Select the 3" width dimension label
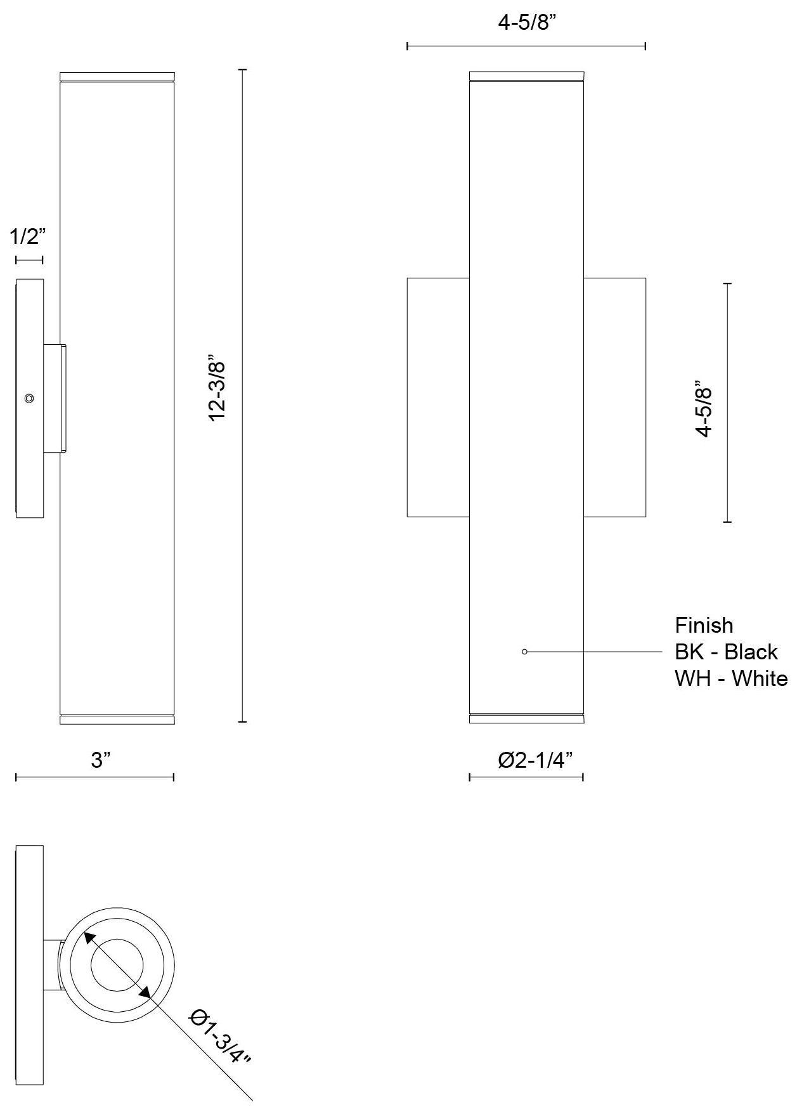pyautogui.click(x=101, y=760)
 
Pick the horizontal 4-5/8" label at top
pyautogui.click(x=527, y=23)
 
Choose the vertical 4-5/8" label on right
pyautogui.click(x=704, y=409)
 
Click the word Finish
pyautogui.click(x=704, y=626)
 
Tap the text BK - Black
pyautogui.click(x=726, y=652)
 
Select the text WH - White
pyautogui.click(x=730, y=678)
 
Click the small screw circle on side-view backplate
pyautogui.click(x=29, y=398)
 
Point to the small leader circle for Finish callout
pyautogui.click(x=524, y=652)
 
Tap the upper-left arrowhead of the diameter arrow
pyautogui.click(x=88, y=938)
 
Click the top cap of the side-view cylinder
pyautogui.click(x=117, y=76)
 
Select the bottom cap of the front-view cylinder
pyautogui.click(x=526, y=719)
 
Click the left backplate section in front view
pyautogui.click(x=437, y=398)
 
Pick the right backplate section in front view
pyautogui.click(x=614, y=398)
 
